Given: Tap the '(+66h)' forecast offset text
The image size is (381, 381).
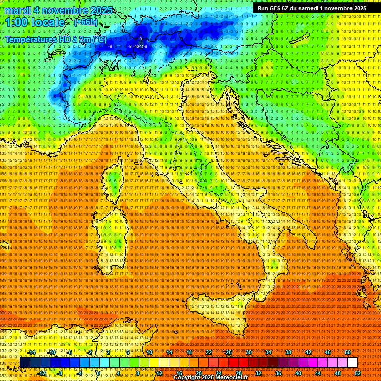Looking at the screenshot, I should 86,22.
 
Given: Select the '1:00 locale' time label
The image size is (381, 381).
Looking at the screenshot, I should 35,23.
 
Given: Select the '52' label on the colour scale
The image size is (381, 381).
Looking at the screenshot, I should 357,373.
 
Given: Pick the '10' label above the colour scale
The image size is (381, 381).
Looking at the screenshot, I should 149,352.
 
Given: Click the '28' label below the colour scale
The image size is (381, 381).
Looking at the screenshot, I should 238,373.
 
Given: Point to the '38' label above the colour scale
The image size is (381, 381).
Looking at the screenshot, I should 288,352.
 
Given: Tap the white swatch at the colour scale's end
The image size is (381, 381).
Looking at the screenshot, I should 352,362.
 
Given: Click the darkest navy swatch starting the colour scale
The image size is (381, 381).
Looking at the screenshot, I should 25,362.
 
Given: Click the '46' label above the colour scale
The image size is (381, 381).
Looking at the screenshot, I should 327,352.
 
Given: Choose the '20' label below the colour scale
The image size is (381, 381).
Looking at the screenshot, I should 198,373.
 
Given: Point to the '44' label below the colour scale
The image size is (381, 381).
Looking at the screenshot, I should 317,373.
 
